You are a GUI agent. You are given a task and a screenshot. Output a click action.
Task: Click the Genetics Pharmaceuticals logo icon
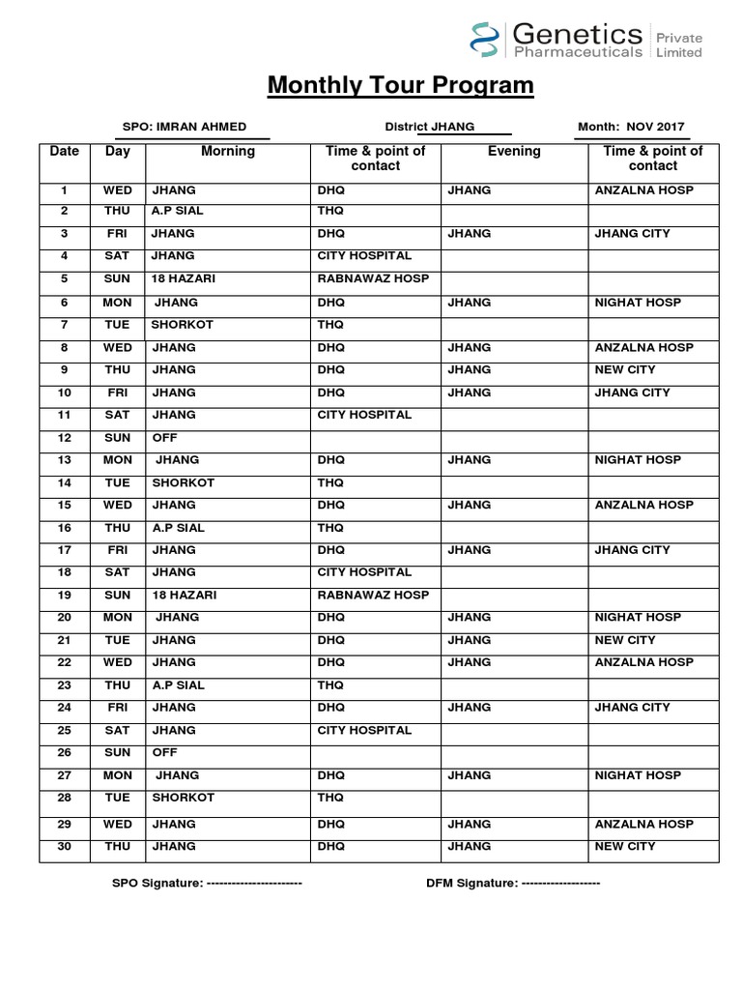point(483,42)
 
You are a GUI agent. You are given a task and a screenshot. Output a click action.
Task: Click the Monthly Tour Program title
point(400,86)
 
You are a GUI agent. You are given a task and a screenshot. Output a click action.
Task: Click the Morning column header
point(228,152)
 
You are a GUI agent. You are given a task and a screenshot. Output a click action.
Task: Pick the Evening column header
point(514,152)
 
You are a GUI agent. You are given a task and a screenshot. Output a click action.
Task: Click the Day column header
point(118,152)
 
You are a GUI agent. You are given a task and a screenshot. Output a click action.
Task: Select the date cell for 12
point(65,437)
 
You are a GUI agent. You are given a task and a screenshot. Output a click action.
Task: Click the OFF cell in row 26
point(165,752)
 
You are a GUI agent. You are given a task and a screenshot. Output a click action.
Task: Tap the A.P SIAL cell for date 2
point(178,211)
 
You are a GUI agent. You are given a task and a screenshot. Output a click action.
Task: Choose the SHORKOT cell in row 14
point(183,482)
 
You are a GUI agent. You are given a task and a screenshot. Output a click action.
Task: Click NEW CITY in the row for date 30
point(625,846)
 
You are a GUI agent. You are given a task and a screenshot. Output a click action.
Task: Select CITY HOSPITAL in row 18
point(364,572)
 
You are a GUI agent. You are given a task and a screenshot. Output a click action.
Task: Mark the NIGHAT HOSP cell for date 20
point(638,617)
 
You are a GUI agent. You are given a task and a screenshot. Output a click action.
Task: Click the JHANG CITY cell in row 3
point(632,234)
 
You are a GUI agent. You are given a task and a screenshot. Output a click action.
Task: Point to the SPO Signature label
point(157,883)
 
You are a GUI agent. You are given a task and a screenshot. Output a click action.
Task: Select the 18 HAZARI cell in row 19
point(184,595)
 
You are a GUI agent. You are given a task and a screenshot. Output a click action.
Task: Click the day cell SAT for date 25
point(118,730)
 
